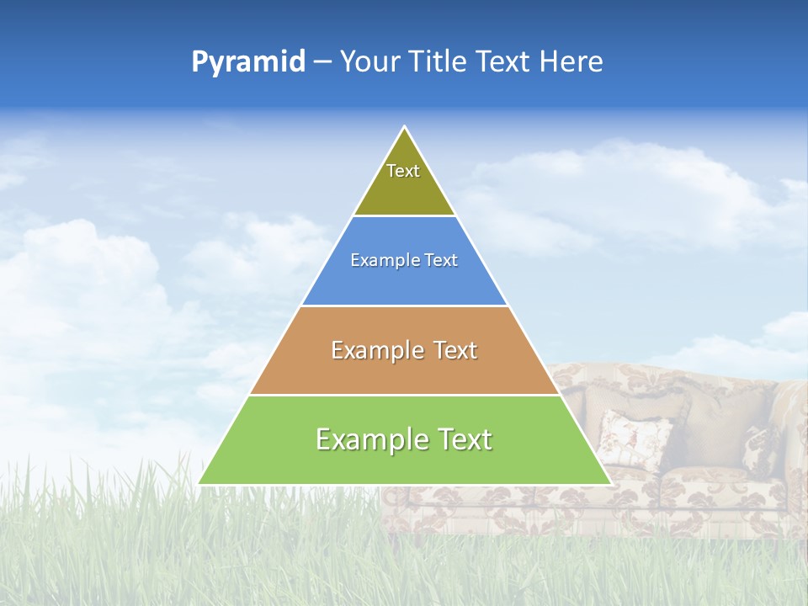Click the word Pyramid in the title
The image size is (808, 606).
(248, 62)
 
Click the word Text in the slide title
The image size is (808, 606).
(503, 62)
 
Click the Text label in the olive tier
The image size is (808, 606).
(403, 171)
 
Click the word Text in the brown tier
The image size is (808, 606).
(456, 350)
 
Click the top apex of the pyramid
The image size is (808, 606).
(404, 128)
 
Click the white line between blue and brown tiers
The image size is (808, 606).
(404, 306)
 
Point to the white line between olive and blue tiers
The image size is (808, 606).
(404, 216)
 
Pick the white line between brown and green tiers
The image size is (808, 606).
(404, 395)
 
